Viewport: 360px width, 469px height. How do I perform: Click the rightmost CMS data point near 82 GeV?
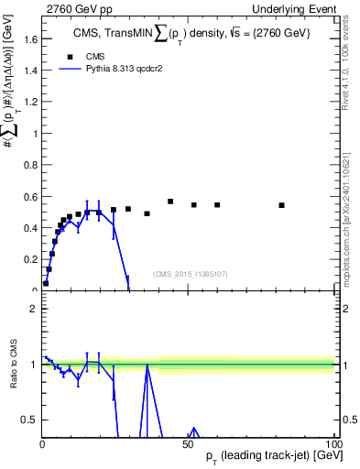click(282, 205)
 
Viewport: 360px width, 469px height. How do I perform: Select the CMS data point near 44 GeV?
click(170, 202)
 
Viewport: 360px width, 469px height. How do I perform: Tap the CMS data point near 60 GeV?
click(217, 205)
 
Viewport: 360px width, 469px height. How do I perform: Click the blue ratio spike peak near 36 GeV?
click(147, 365)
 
